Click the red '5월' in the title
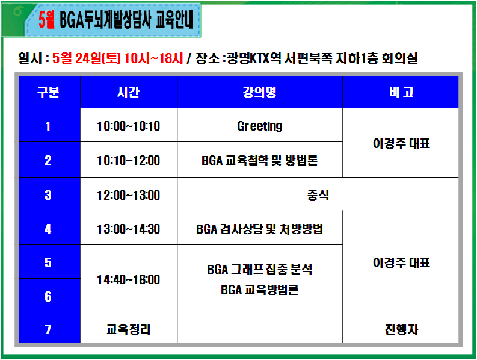point(46,20)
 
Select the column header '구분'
point(48,92)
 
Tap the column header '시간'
point(128,92)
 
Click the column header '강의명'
point(259,92)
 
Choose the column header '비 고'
point(401,92)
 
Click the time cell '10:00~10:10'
point(128,126)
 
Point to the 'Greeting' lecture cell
point(259,126)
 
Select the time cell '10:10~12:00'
point(128,161)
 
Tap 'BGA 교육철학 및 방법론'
point(259,161)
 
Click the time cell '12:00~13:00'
point(128,195)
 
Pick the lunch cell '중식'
point(318,195)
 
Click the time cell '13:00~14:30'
point(128,229)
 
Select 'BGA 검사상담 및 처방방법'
point(259,229)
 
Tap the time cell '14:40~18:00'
point(128,279)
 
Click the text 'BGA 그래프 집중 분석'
point(259,269)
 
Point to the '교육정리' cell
point(128,329)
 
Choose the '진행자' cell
point(401,329)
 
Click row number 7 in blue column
point(48,329)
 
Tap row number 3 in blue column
point(48,195)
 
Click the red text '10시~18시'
point(153,58)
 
